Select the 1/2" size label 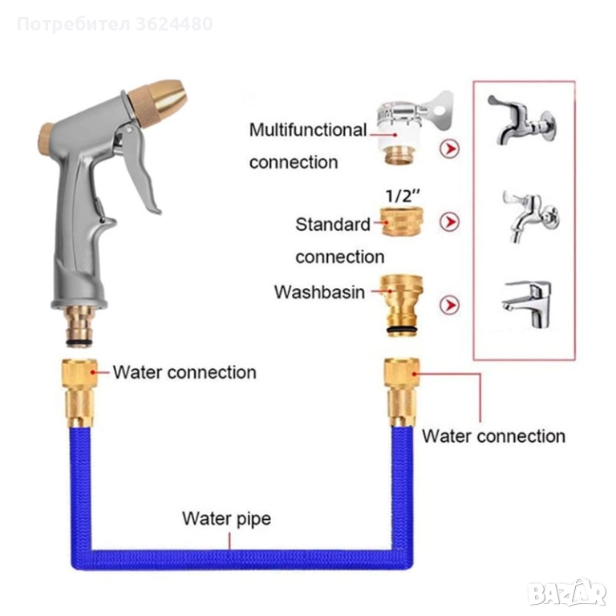pos(400,196)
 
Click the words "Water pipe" pos(226,518)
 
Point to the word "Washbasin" pos(319,292)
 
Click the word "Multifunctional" pos(307,130)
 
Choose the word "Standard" pos(333,225)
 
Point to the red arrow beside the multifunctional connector pos(451,148)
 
